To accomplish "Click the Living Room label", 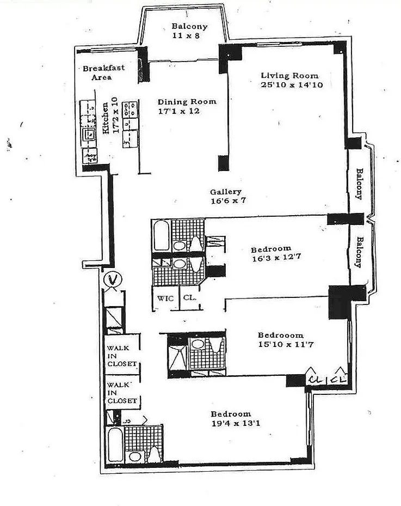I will (289, 75).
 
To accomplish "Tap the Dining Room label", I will (187, 101).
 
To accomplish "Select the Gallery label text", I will (226, 192).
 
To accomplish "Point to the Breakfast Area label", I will (103, 72).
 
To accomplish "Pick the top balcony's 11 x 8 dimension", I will (182, 36).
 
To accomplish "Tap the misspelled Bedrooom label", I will (281, 335).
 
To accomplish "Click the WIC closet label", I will (165, 298).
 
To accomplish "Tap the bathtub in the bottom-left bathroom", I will (115, 444).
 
